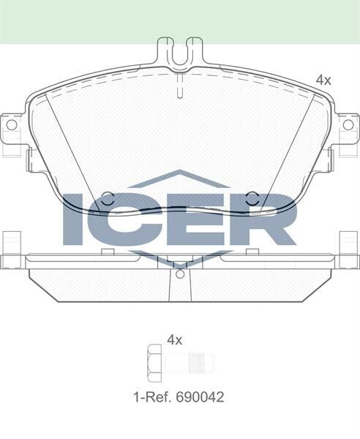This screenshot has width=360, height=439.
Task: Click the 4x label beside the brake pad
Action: [323, 80]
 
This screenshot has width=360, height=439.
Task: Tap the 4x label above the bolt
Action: [174, 339]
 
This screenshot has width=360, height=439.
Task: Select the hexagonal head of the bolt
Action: [154, 362]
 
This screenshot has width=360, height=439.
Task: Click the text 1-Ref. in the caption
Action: [151, 397]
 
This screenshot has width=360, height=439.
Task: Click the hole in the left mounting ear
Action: [11, 125]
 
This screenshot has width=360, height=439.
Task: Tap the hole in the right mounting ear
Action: [348, 125]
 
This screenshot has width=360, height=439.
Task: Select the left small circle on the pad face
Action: [107, 198]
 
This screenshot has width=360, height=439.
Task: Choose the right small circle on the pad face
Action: [252, 198]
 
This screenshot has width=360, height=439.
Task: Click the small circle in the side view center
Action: [179, 274]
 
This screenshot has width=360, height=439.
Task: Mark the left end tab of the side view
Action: [11, 252]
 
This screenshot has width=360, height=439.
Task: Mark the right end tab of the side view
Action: [349, 252]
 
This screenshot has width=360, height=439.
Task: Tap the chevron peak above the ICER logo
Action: [179, 174]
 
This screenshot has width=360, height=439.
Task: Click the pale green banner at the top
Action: [179, 20]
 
